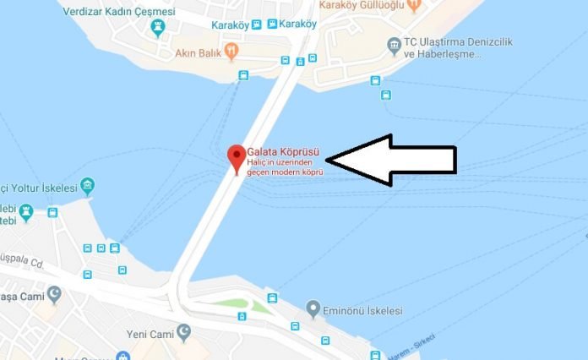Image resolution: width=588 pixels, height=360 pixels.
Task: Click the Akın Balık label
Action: coord(199,50)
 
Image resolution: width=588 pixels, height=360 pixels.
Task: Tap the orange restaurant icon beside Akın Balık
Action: coord(233,50)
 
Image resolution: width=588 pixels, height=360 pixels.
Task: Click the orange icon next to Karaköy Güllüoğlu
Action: coord(413,5)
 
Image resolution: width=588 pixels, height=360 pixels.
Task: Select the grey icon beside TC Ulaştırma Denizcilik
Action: coord(394,44)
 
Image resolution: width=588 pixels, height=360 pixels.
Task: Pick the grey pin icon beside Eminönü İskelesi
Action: coord(313,308)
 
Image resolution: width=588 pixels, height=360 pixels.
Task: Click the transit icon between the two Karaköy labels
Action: coord(269,24)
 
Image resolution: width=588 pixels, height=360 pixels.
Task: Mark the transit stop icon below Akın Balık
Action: coord(244,75)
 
